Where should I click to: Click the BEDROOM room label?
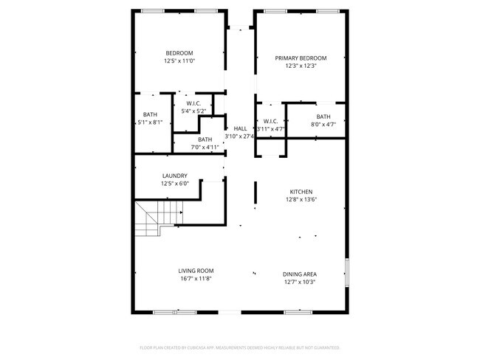pyautogui.click(x=179, y=52)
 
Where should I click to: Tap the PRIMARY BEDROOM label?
pyautogui.click(x=301, y=58)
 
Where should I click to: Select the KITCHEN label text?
pyautogui.click(x=300, y=192)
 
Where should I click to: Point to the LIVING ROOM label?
pyautogui.click(x=196, y=271)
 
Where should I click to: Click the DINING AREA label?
pyautogui.click(x=299, y=274)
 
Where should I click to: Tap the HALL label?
pyautogui.click(x=241, y=128)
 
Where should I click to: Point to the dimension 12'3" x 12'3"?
pyautogui.click(x=301, y=66)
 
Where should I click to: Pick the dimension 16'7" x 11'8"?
pyautogui.click(x=196, y=279)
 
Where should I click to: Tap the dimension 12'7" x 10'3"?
pyautogui.click(x=299, y=282)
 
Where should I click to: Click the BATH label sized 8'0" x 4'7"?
pyautogui.click(x=323, y=117)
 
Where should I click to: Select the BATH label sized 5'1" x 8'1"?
pyautogui.click(x=150, y=114)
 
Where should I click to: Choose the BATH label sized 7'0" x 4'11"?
pyautogui.click(x=205, y=139)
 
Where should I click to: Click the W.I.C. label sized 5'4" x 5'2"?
pyautogui.click(x=193, y=103)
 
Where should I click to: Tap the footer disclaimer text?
pyautogui.click(x=240, y=347)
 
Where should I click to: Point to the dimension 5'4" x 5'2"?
pyautogui.click(x=193, y=111)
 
